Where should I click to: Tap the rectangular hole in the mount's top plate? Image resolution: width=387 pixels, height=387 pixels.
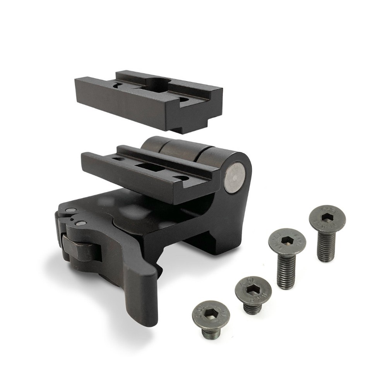tap(150, 168)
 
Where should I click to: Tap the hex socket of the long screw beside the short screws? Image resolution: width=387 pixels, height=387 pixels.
tap(287, 241)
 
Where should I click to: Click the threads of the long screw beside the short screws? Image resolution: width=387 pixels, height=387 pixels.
tap(286, 273)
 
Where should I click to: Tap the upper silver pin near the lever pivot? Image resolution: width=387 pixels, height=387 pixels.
tap(70, 210)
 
